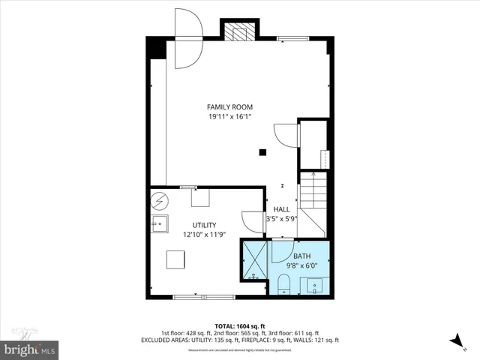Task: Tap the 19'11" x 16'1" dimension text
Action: click(x=229, y=117)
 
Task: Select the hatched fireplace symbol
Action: click(x=240, y=32)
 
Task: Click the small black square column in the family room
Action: click(x=262, y=152)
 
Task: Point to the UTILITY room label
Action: click(x=203, y=225)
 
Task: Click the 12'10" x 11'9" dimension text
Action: click(x=203, y=234)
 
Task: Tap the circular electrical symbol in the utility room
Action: click(x=159, y=201)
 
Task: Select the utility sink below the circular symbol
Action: click(x=159, y=223)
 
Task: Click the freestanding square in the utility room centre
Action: click(x=177, y=259)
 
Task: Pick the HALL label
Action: click(x=281, y=209)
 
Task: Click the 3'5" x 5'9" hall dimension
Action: click(x=281, y=219)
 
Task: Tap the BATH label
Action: click(x=301, y=256)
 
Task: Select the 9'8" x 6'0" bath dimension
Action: click(x=301, y=265)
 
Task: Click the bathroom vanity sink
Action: click(x=314, y=284)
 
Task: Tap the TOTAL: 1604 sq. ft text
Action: click(x=240, y=325)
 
